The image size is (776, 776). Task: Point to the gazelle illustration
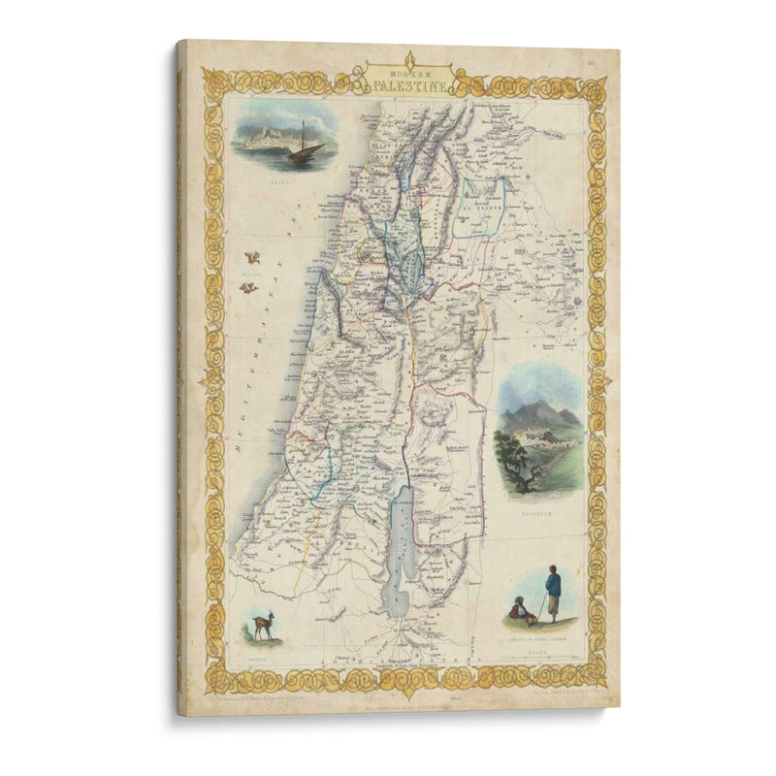261,624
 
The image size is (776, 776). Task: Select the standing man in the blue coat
552,593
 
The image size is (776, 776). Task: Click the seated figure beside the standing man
521,609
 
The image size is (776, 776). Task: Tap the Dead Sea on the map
399,553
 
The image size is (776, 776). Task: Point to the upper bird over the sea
253,258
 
